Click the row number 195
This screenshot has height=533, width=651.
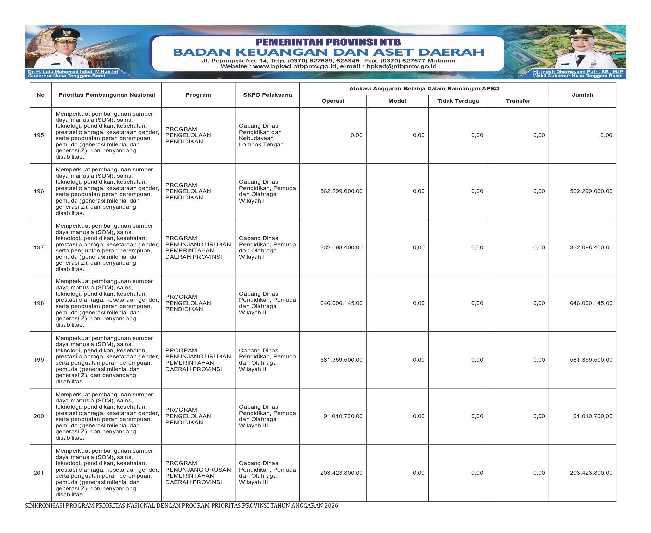click(39, 135)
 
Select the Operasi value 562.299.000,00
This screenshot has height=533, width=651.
click(341, 191)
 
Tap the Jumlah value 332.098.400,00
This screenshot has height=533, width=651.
click(591, 248)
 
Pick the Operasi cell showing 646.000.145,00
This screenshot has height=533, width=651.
click(341, 303)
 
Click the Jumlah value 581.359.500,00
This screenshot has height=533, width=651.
click(591, 360)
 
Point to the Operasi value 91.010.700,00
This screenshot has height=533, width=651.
click(343, 416)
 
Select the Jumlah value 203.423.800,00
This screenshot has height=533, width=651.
click(591, 473)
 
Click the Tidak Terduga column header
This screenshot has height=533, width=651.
click(458, 101)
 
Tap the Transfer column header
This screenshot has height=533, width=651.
click(518, 101)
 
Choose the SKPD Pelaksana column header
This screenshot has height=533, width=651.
click(267, 95)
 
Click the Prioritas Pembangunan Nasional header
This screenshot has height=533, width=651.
click(107, 95)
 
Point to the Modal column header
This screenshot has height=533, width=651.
click(397, 101)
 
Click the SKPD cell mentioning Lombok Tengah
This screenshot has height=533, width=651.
click(261, 135)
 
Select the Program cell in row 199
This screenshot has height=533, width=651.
click(198, 360)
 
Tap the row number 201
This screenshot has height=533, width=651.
click(39, 473)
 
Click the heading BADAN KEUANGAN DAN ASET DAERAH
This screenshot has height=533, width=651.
click(328, 52)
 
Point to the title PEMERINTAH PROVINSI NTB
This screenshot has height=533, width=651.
click(328, 42)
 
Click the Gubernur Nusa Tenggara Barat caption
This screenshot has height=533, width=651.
click(66, 76)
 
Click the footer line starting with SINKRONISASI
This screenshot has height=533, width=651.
click(181, 506)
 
